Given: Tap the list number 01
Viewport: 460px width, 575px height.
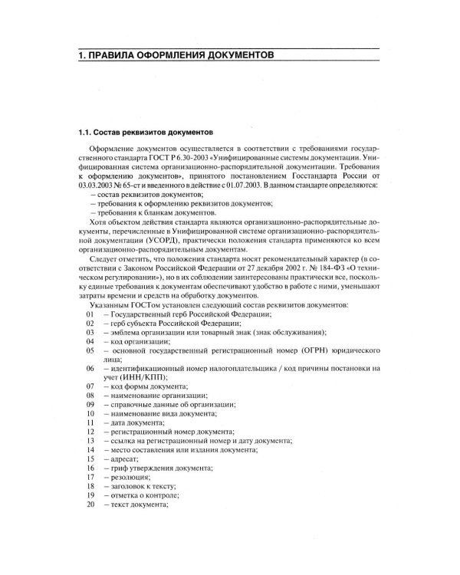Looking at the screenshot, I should pos(90,315).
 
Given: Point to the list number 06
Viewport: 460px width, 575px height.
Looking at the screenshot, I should pos(90,368).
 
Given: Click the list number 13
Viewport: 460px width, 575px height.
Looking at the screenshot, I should pos(90,441).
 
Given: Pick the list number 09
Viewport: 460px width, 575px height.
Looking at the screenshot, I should pos(90,404).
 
